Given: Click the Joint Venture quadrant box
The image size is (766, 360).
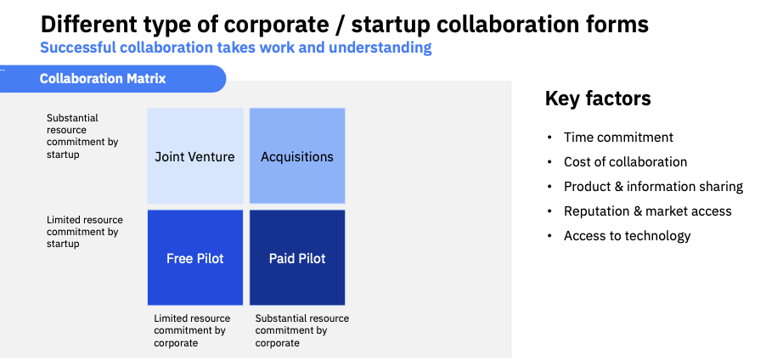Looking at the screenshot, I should click(x=194, y=156).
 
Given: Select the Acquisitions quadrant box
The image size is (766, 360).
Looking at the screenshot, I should click(x=297, y=156).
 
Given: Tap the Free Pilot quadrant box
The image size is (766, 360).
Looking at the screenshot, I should click(x=194, y=258).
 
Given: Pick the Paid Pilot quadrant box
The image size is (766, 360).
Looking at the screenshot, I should click(x=297, y=258).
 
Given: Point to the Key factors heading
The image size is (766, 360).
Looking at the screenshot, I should click(x=598, y=99).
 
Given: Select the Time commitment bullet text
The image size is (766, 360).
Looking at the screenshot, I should click(x=618, y=138).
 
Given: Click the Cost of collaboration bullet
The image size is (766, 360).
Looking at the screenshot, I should click(x=625, y=162).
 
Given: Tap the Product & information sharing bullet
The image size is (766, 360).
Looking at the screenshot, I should click(x=653, y=187).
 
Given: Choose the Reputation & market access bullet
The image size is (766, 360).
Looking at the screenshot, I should click(x=647, y=211).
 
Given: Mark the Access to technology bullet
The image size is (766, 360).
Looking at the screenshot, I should click(x=627, y=236).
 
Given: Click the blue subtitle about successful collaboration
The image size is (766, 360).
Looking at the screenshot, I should click(x=236, y=48).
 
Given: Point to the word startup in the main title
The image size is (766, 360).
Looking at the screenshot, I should click(x=397, y=24).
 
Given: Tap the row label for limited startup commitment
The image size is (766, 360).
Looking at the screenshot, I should click(x=84, y=232).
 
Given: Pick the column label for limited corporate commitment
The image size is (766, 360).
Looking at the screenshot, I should click(x=191, y=330).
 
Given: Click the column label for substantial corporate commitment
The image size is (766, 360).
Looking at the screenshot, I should click(x=301, y=330).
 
